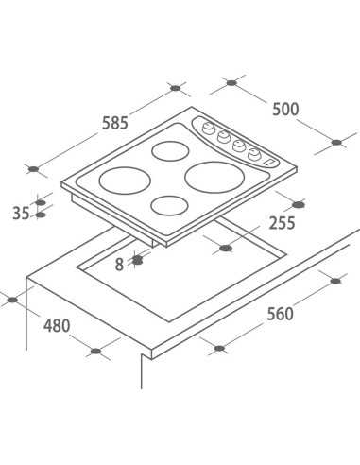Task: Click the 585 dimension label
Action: point(115,123)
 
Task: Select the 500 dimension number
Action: point(285,110)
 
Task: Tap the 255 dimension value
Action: point(283,223)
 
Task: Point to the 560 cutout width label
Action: point(280,314)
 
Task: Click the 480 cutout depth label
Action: point(57,325)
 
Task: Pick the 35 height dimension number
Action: point(21,214)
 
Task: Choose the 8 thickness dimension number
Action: point(119,265)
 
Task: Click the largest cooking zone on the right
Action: point(214,177)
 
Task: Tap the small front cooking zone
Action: point(170,205)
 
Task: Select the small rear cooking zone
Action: point(170,150)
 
